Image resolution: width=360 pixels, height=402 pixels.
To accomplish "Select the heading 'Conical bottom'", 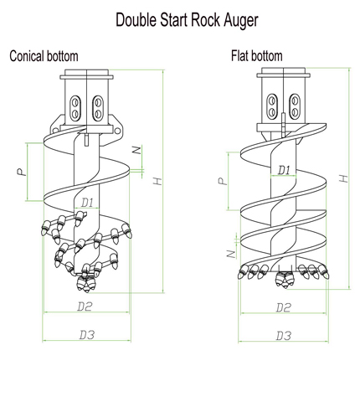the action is pyautogui.click(x=44, y=56).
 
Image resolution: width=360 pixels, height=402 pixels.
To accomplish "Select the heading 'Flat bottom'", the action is pyautogui.click(x=257, y=55).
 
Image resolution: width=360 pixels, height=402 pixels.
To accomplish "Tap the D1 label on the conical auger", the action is pyautogui.click(x=87, y=203).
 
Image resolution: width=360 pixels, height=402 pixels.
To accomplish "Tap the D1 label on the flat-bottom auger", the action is pyautogui.click(x=284, y=170).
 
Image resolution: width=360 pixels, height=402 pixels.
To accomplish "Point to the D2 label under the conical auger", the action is pyautogui.click(x=85, y=307).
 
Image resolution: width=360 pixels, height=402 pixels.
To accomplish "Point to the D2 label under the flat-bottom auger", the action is pyautogui.click(x=283, y=307).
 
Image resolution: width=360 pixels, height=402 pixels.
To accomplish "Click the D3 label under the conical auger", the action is pyautogui.click(x=87, y=335).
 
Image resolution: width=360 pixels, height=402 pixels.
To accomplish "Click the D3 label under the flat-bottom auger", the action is pyautogui.click(x=284, y=336).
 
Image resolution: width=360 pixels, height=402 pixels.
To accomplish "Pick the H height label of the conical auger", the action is pyautogui.click(x=157, y=181).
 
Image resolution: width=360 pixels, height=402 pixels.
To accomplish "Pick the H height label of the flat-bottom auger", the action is pyautogui.click(x=344, y=178).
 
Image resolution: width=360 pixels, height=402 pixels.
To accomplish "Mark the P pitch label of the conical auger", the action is pyautogui.click(x=22, y=172).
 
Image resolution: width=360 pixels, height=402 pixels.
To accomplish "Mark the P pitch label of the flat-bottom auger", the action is pyautogui.click(x=223, y=181).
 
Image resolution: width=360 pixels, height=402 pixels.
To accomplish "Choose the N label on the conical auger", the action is pyautogui.click(x=136, y=150).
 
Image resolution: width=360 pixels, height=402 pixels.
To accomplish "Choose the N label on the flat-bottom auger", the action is pyautogui.click(x=231, y=254).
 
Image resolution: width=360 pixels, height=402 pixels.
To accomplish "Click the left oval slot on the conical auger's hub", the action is pyautogui.click(x=75, y=108).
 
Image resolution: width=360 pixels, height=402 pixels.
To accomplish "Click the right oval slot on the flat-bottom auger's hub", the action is pyautogui.click(x=295, y=106).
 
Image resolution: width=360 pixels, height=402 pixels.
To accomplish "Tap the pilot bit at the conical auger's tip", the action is pyautogui.click(x=85, y=284).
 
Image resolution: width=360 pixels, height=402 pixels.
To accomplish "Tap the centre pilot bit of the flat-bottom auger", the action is pyautogui.click(x=283, y=280).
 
